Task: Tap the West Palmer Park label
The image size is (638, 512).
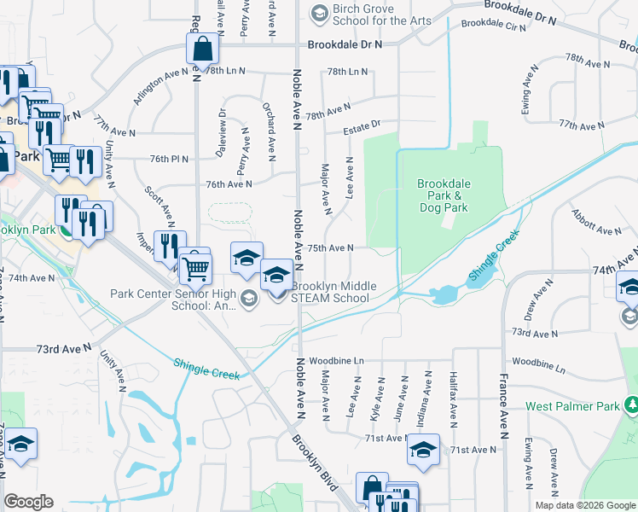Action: coord(571,407)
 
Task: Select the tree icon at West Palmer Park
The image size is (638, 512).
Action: coord(632,403)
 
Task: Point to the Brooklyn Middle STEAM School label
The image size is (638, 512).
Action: coord(331,292)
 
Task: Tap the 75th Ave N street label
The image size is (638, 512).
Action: coord(330,247)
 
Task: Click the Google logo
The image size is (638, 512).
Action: coord(28,502)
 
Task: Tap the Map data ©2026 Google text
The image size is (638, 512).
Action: coord(585,505)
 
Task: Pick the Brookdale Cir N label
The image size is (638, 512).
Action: coord(494,26)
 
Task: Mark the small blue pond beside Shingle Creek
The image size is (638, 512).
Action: coord(444,295)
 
